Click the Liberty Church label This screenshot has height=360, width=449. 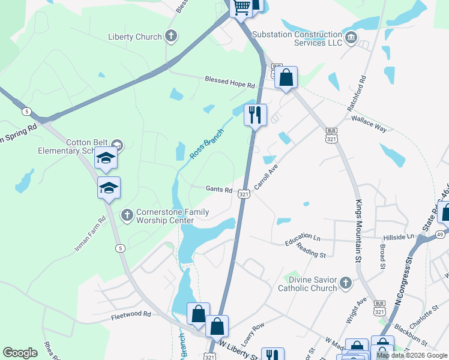(x=135, y=37)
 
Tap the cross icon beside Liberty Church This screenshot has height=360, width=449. (x=171, y=36)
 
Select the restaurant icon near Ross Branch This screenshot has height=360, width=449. (x=255, y=113)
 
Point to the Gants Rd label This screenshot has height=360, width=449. (x=219, y=190)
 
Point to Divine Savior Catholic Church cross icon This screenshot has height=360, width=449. (x=345, y=283)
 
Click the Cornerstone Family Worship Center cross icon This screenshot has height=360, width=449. (x=127, y=214)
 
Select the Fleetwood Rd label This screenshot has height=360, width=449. (x=131, y=314)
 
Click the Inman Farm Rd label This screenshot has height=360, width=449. (x=90, y=233)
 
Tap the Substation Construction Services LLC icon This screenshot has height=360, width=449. (x=351, y=38)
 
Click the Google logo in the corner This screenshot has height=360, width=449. (x=20, y=353)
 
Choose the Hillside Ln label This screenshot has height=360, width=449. (x=403, y=238)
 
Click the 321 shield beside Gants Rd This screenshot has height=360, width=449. (x=243, y=194)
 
